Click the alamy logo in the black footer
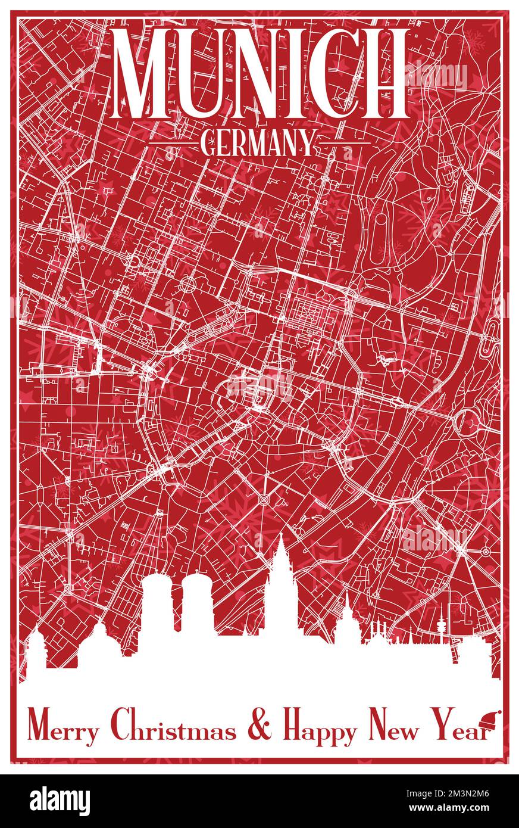pyautogui.click(x=60, y=801)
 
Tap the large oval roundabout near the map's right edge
pyautogui.click(x=467, y=422)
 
